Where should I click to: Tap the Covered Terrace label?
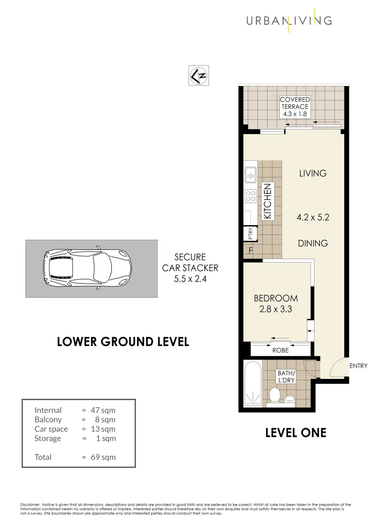[295, 107]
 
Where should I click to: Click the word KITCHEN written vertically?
[268, 201]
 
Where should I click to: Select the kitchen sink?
[251, 174]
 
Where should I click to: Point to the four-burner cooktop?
[251, 196]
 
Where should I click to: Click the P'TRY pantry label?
[250, 234]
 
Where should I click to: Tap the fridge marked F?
[250, 251]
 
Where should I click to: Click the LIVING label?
[313, 173]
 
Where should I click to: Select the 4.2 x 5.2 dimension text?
[313, 217]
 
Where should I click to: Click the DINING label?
[313, 243]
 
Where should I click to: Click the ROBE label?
[280, 350]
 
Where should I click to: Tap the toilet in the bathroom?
[275, 394]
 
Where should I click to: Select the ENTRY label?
[359, 366]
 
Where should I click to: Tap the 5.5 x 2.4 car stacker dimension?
[190, 278]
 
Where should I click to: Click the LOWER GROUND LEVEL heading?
[123, 342]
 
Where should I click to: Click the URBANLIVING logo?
[289, 20]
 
